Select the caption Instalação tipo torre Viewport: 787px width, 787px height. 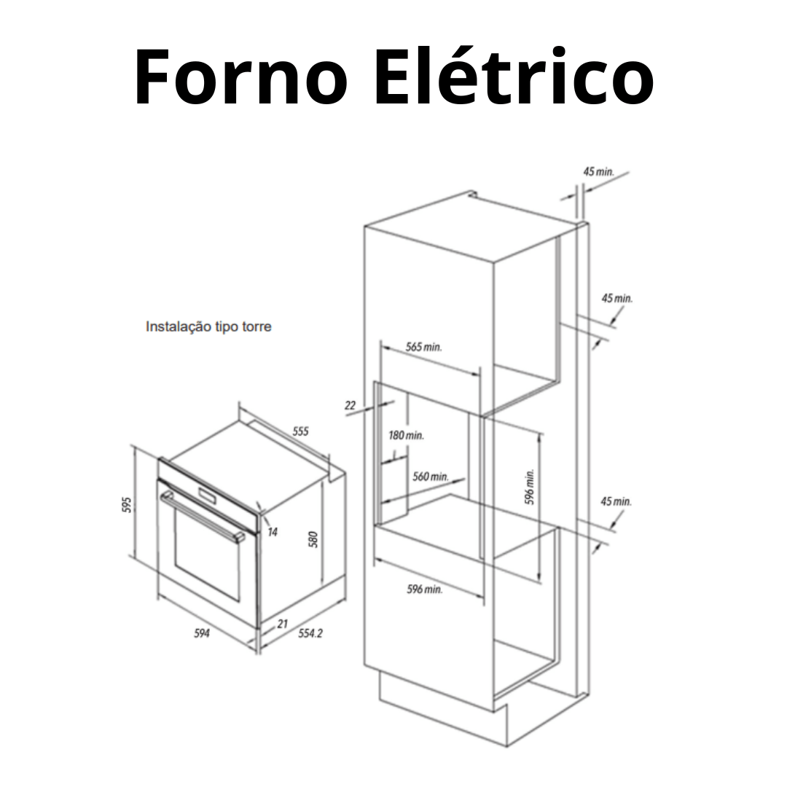click(x=208, y=326)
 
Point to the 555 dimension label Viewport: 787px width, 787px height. click(x=300, y=431)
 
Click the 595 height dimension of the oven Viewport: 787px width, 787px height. click(x=127, y=505)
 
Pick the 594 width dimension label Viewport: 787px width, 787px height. click(x=202, y=633)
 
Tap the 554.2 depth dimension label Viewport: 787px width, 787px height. click(x=310, y=633)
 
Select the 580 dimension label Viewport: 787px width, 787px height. click(x=314, y=539)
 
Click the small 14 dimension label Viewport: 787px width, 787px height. click(x=272, y=532)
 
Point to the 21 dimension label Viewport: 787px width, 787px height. click(x=283, y=623)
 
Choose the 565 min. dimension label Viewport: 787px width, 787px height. click(x=423, y=347)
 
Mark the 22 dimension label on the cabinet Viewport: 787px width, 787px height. click(x=350, y=405)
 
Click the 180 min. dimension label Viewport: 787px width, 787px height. click(x=406, y=435)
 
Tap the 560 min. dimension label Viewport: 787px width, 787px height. click(x=430, y=477)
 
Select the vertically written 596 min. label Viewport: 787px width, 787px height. click(x=530, y=487)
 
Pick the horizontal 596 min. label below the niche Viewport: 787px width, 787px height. click(x=425, y=589)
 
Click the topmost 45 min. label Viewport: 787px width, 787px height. click(x=598, y=171)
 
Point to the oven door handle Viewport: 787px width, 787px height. click(x=203, y=516)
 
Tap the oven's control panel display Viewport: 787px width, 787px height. click(x=206, y=496)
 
